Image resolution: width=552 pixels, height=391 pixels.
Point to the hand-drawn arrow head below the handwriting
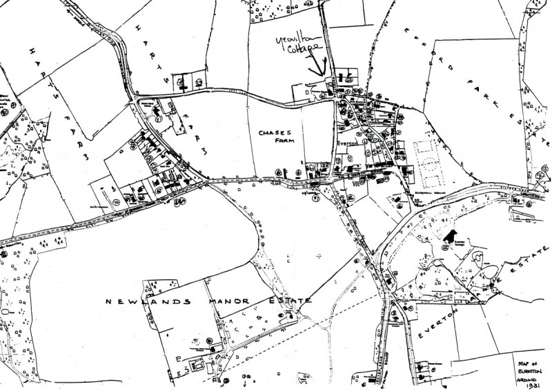click(x=319, y=73)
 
